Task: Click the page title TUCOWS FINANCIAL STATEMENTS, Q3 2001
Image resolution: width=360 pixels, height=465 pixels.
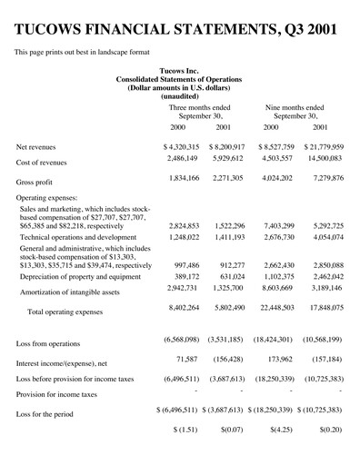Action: pos(179,30)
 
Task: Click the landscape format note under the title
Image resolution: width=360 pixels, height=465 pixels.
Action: pos(82,52)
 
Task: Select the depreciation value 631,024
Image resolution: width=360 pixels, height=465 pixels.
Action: pos(239,275)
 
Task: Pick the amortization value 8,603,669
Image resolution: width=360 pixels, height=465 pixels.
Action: pos(285,288)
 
